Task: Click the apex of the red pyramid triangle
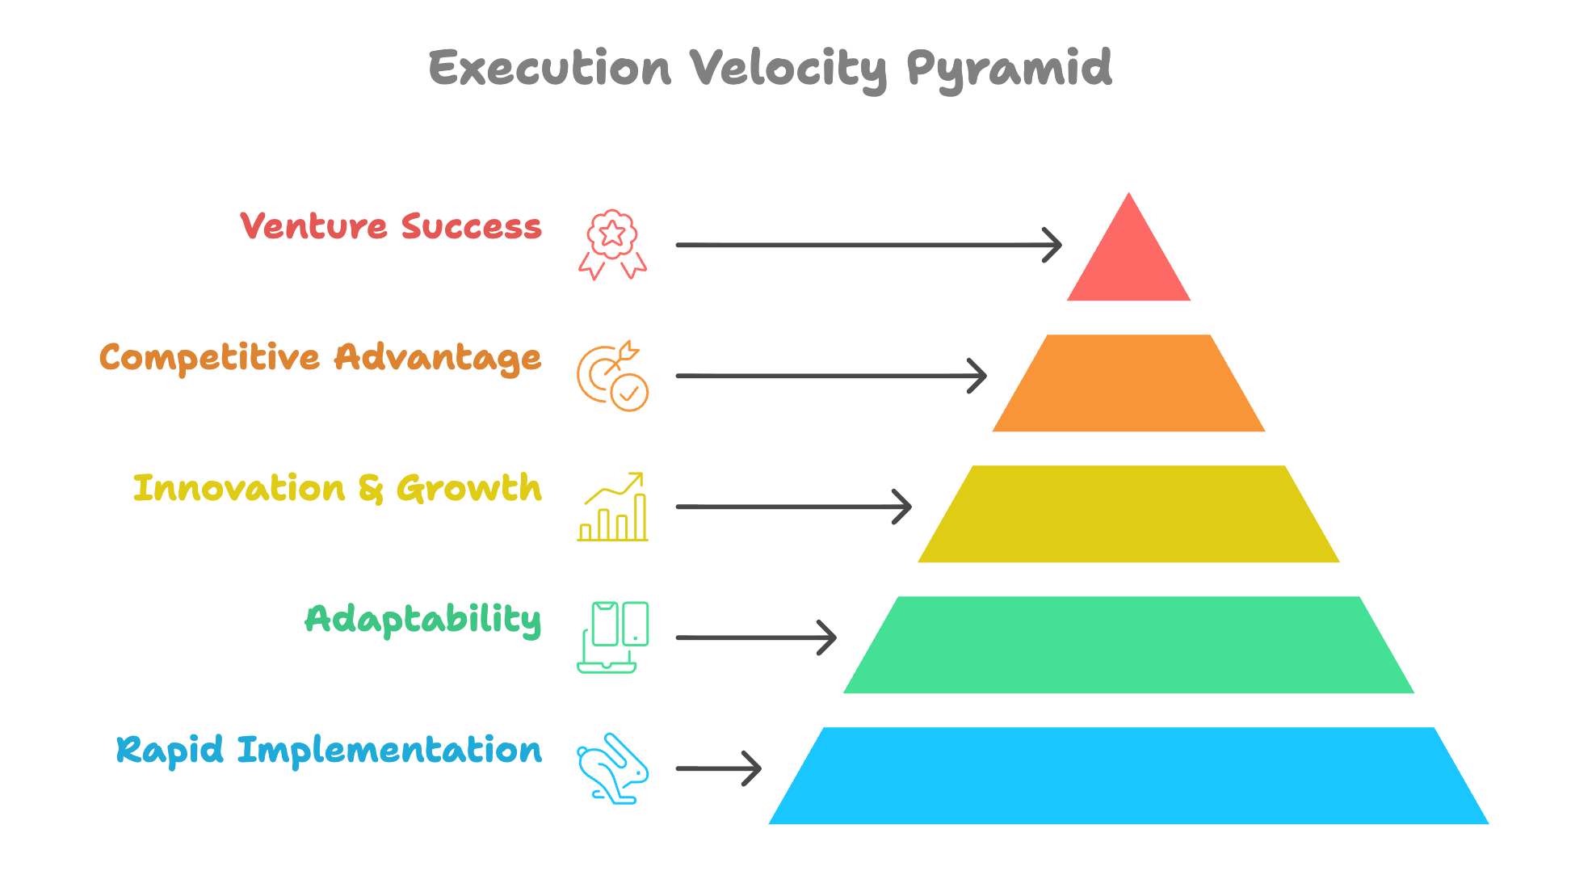pyautogui.click(x=1128, y=192)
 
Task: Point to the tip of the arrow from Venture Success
pyautogui.click(x=1061, y=245)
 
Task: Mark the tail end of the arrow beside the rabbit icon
pyautogui.click(x=677, y=768)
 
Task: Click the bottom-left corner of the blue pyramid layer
pyautogui.click(x=768, y=824)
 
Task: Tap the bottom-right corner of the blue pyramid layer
pyautogui.click(x=1489, y=824)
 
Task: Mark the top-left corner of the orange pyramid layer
pyautogui.click(x=1047, y=335)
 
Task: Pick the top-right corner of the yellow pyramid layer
pyautogui.click(x=1284, y=466)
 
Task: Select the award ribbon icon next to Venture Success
pyautogui.click(x=612, y=245)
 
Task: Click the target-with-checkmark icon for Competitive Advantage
pyautogui.click(x=612, y=376)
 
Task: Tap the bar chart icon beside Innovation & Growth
pyautogui.click(x=612, y=507)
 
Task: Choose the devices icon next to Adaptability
pyautogui.click(x=612, y=637)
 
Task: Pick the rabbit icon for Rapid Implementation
pyautogui.click(x=612, y=768)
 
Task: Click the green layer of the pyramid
pyautogui.click(x=1128, y=645)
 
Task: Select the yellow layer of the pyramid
pyautogui.click(x=1128, y=514)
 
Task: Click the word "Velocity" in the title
pyautogui.click(x=788, y=69)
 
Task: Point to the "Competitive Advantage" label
pyautogui.click(x=320, y=358)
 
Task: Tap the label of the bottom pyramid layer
pyautogui.click(x=329, y=751)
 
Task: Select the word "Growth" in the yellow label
pyautogui.click(x=468, y=489)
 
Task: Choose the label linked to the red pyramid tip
pyautogui.click(x=391, y=226)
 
